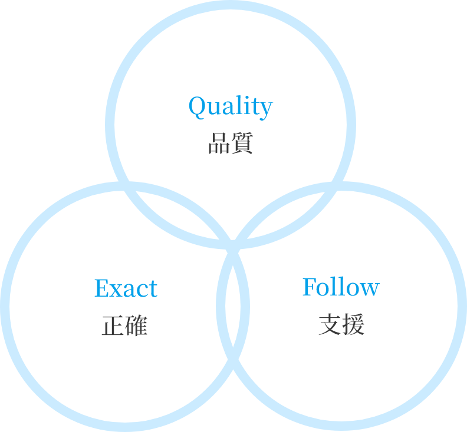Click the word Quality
[231, 107]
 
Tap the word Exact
[126, 288]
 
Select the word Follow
[340, 287]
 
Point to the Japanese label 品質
[231, 144]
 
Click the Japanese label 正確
[124, 326]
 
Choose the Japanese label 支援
[341, 325]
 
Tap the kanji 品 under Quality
[219, 144]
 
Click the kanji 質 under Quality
[242, 144]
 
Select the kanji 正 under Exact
[113, 326]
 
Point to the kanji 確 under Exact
[136, 326]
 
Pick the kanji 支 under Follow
[330, 325]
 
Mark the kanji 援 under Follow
[353, 325]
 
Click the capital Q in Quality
[197, 107]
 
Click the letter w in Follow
[369, 289]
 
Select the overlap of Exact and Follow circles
[233, 306]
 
